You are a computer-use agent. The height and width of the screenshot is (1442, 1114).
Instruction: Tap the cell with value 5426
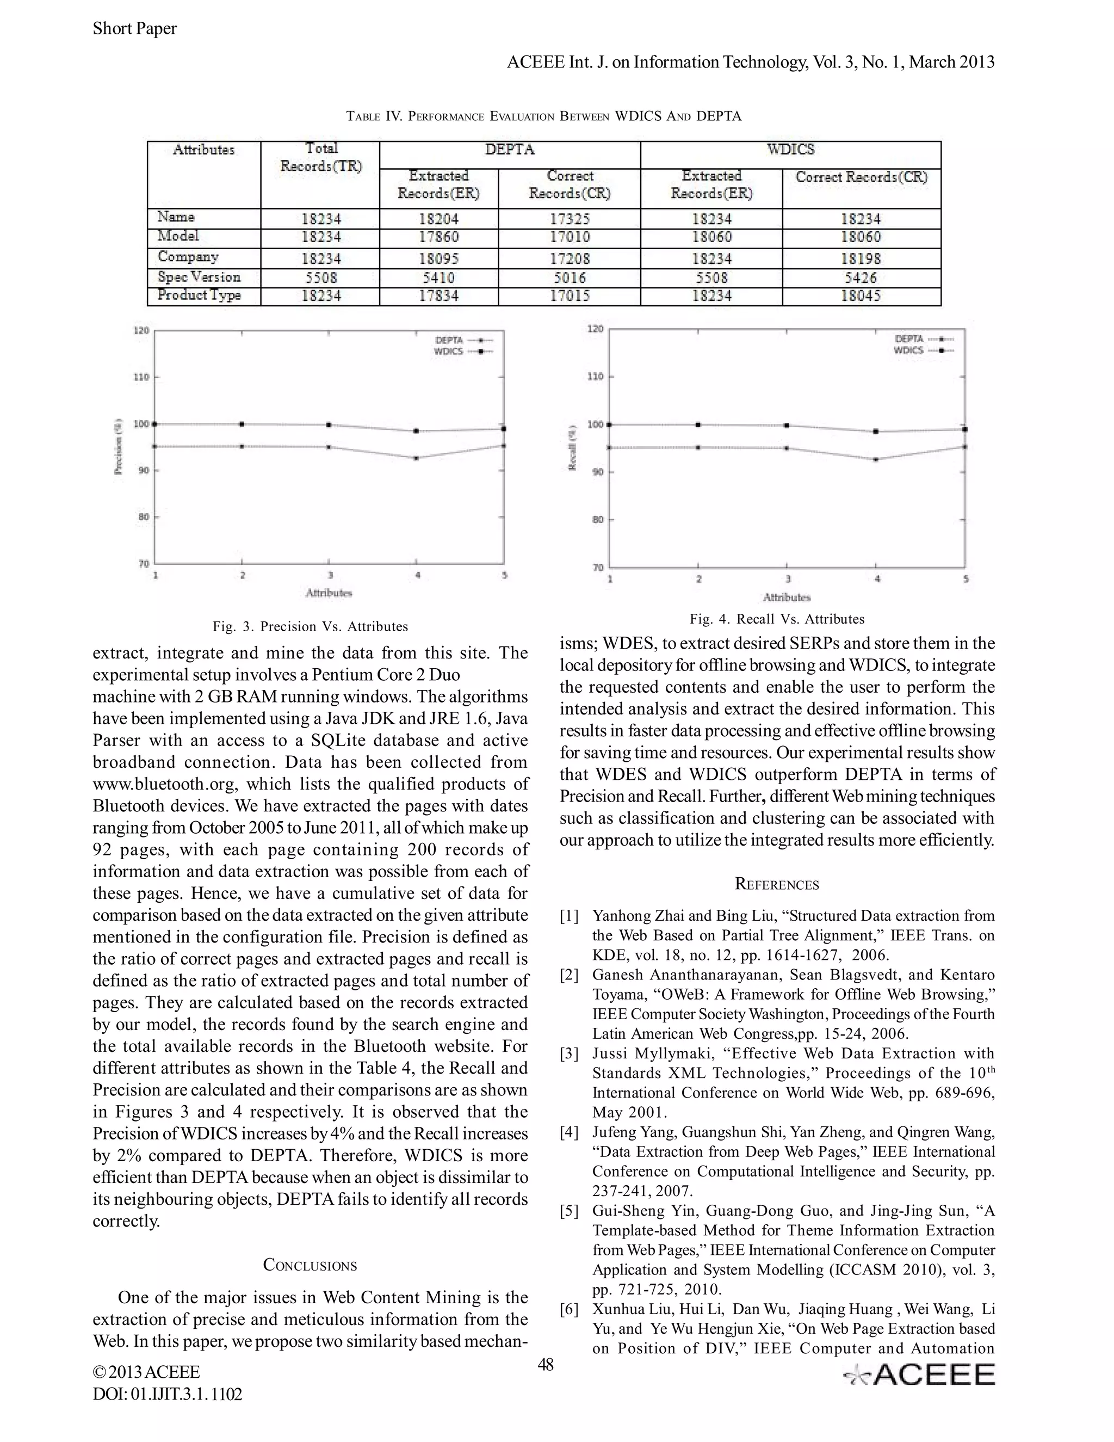[861, 278]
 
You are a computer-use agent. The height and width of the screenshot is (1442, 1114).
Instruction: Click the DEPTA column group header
[510, 150]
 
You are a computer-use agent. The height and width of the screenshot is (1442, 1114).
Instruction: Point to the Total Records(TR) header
[321, 158]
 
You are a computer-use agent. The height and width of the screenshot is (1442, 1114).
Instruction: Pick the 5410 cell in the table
[438, 278]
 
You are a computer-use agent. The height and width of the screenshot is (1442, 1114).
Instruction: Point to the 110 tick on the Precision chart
[142, 377]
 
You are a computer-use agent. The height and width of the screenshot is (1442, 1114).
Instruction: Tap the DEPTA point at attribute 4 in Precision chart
[417, 458]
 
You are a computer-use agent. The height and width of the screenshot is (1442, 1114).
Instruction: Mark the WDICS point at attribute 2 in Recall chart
[699, 424]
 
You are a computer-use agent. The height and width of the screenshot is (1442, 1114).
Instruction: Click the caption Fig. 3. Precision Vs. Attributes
[310, 626]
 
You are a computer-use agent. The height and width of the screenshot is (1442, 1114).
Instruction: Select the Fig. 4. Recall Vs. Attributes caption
[777, 619]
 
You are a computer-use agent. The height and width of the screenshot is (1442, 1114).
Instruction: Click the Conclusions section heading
[310, 1265]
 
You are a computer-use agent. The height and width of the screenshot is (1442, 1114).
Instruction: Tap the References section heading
[777, 885]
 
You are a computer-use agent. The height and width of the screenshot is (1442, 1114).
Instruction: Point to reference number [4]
[569, 1132]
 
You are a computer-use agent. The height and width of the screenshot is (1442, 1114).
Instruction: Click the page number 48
[546, 1364]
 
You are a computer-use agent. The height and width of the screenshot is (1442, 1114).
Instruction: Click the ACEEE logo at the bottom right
[920, 1374]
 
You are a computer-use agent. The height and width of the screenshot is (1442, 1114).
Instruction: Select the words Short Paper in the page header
[135, 28]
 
